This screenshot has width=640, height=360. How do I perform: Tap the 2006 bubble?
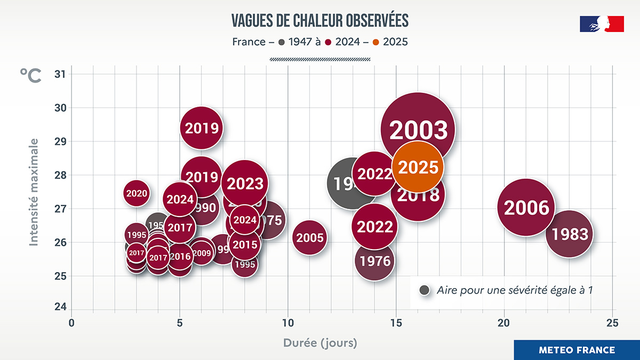coord(526,207)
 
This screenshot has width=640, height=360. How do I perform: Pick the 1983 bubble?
coord(570,234)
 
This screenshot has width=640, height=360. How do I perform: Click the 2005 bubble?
coord(309,237)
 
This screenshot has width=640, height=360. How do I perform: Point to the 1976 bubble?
coord(375,261)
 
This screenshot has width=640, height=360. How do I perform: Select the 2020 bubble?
coord(137,193)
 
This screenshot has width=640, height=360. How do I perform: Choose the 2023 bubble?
coord(245,183)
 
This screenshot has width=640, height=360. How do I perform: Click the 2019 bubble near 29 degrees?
coord(201,128)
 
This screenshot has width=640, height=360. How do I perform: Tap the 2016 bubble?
coord(180,257)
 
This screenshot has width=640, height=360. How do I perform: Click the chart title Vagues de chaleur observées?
coord(320,20)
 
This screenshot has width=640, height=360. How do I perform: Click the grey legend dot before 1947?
coord(281,42)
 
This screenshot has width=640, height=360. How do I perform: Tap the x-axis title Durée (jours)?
coord(320,342)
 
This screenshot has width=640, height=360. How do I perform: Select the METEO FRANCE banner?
coord(577,350)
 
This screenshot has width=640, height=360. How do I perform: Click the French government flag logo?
coord(602,24)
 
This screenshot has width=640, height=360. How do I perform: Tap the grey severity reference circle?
coord(425,290)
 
